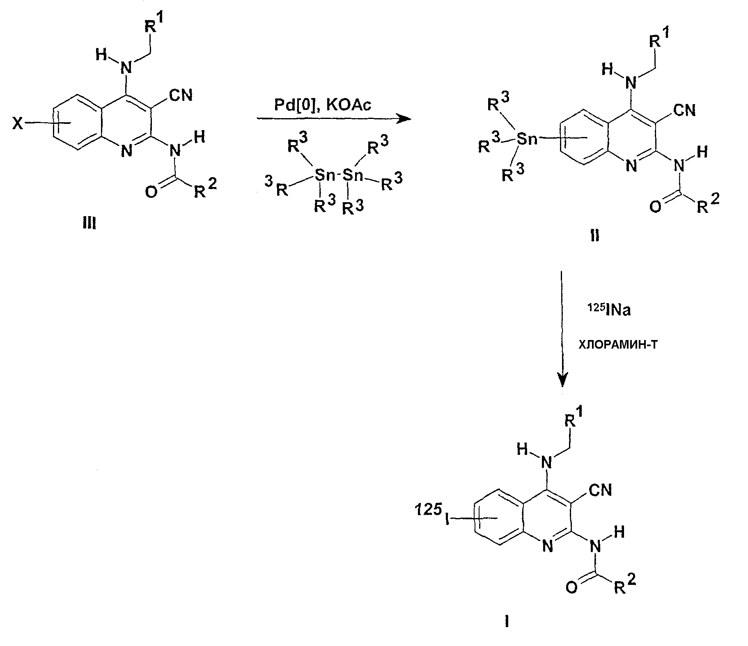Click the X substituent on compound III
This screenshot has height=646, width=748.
coord(18,123)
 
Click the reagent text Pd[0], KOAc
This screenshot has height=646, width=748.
coord(323,105)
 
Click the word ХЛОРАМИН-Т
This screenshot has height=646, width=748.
coord(617,345)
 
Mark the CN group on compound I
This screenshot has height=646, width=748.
coord(600,489)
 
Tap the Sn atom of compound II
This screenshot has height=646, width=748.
coord(527,139)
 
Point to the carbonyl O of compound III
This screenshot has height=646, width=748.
coord(151,192)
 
